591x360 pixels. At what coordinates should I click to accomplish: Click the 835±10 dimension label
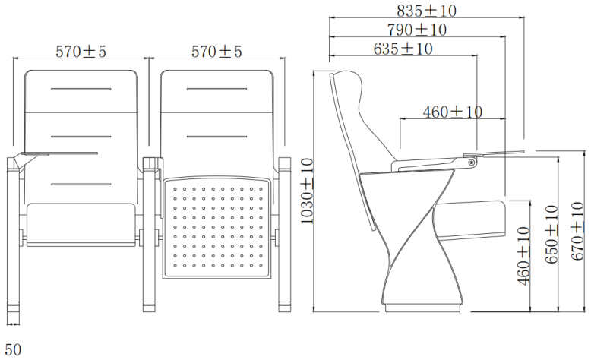click(x=426, y=11)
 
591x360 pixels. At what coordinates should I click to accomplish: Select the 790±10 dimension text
click(x=417, y=30)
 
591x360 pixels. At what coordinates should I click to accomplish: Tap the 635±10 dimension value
click(x=403, y=49)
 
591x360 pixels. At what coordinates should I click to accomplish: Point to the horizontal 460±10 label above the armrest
click(x=452, y=112)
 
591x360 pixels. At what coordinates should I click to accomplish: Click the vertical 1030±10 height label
click(x=307, y=191)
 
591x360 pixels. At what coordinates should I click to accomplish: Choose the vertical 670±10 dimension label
click(x=577, y=231)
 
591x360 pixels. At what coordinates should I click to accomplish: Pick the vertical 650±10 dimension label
click(x=551, y=234)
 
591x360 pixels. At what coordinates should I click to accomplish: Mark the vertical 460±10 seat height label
click(x=523, y=256)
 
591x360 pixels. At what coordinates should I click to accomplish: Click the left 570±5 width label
click(x=81, y=52)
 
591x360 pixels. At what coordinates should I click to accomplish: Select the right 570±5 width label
click(x=216, y=52)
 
